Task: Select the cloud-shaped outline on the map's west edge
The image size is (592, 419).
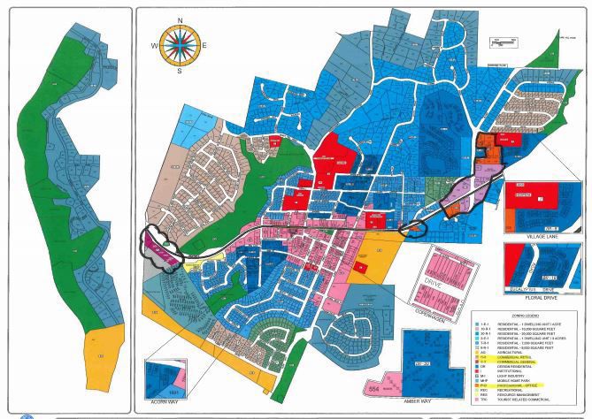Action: (162, 240)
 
